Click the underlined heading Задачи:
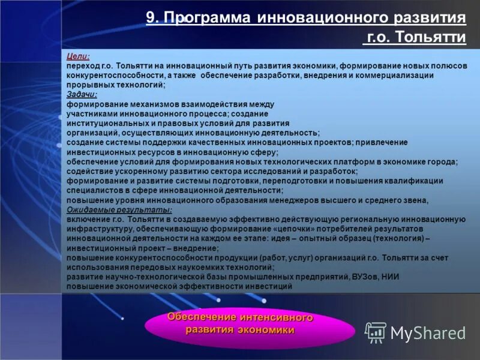[x=82, y=94]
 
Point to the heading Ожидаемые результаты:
[x=119, y=209]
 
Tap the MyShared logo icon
[x=376, y=332]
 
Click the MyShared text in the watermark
[x=428, y=333]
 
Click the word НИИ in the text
[x=391, y=277]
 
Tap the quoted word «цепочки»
[x=298, y=229]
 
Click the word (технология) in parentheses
[x=392, y=239]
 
